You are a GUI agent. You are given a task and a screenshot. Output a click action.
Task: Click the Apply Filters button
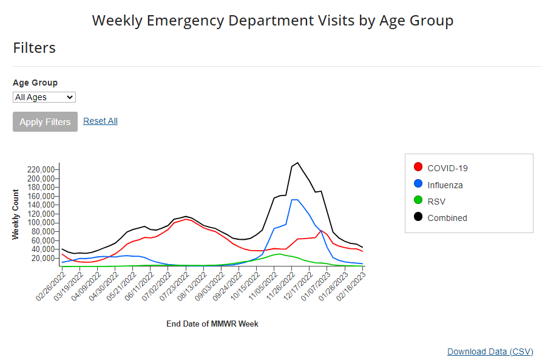pyautogui.click(x=45, y=121)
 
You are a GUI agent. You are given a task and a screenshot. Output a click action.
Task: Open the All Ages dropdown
pyautogui.click(x=44, y=97)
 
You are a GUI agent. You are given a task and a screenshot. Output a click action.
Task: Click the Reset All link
pyautogui.click(x=100, y=121)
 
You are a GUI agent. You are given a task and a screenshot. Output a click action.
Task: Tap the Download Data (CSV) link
pyautogui.click(x=490, y=352)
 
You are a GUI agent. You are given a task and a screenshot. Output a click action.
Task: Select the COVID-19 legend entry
pyautogui.click(x=447, y=168)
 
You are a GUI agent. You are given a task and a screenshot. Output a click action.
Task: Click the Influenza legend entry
pyautogui.click(x=445, y=185)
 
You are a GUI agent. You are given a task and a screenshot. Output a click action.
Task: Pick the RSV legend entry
pyautogui.click(x=436, y=201)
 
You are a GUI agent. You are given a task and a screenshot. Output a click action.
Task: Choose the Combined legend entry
pyautogui.click(x=447, y=217)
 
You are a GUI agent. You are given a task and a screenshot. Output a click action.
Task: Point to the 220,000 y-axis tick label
pyautogui.click(x=42, y=169)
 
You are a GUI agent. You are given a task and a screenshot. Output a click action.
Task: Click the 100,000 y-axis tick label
pyautogui.click(x=42, y=223)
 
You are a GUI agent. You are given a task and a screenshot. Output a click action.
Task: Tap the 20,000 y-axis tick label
pyautogui.click(x=44, y=258)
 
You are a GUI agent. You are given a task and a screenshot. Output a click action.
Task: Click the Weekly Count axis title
pyautogui.click(x=16, y=214)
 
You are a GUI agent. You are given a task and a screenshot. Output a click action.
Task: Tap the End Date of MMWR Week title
pyautogui.click(x=212, y=324)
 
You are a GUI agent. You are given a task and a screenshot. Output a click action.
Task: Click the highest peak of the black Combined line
pyautogui.click(x=297, y=163)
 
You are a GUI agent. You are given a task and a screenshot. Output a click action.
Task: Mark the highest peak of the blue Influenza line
pyautogui.click(x=295, y=200)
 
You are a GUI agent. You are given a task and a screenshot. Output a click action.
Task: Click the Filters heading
pyautogui.click(x=35, y=48)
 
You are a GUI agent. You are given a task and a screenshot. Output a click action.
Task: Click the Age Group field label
pyautogui.click(x=35, y=83)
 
